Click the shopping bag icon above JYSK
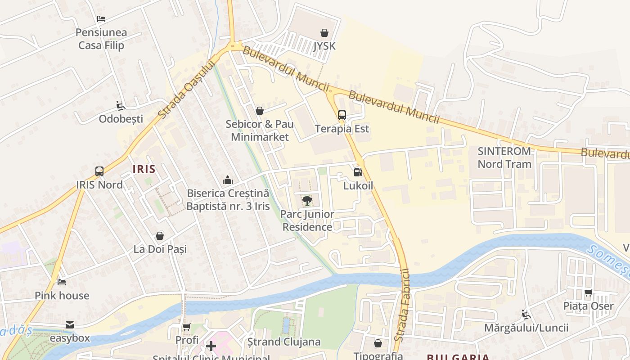(324, 33)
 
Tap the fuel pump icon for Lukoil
(358, 172)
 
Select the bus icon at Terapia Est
(342, 115)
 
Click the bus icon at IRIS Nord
(99, 171)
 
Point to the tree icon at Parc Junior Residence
(307, 200)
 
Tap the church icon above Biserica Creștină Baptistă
(228, 180)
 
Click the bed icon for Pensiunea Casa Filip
(101, 19)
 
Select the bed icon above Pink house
(62, 282)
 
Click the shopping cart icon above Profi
(187, 327)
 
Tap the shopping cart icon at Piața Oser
(588, 293)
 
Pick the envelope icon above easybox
(70, 325)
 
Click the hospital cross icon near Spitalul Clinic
(211, 346)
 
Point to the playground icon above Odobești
(120, 106)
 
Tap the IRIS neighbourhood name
(144, 169)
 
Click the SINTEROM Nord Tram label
(504, 157)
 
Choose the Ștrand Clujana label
(284, 342)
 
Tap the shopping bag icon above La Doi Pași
(160, 236)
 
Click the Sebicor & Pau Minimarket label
(260, 130)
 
